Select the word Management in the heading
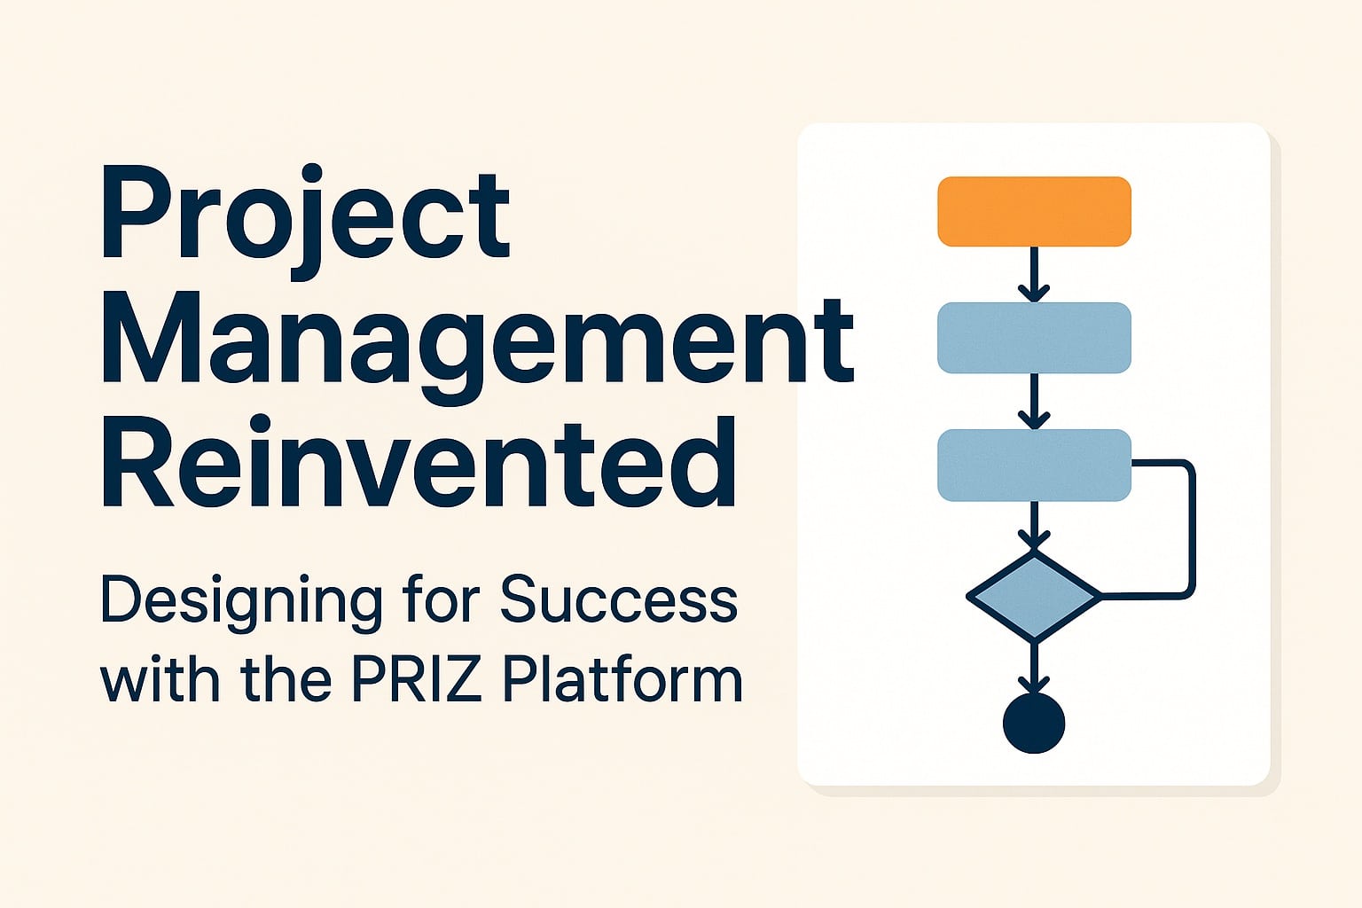(477, 341)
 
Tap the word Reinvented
(419, 465)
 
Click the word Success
(618, 600)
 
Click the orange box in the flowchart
(1034, 211)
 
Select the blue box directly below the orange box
(1034, 338)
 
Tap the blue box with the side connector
(1034, 465)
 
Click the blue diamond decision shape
(1034, 596)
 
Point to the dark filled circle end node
(1034, 723)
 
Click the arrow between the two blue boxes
(1034, 401)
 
